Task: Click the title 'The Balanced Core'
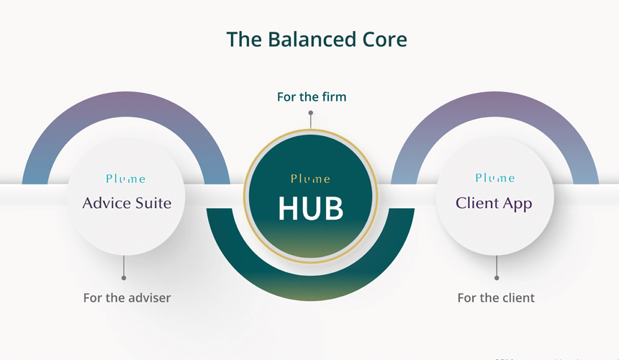317,39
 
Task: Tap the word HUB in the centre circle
310,209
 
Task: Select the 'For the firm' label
312,96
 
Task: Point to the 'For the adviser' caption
127,297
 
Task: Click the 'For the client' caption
496,297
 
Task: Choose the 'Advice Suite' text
127,203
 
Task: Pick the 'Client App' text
494,203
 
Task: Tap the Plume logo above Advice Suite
125,179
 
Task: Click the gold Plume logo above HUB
311,179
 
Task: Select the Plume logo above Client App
495,178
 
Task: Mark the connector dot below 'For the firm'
311,113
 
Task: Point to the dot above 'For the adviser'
124,277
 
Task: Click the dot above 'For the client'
497,277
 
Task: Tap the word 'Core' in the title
384,39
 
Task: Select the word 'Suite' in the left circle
153,203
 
